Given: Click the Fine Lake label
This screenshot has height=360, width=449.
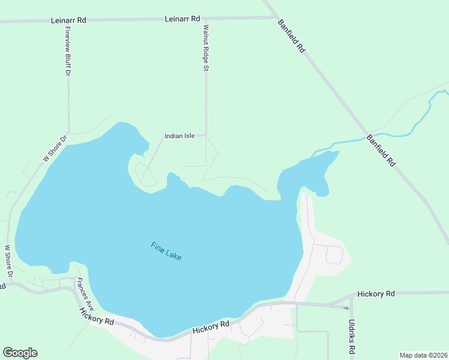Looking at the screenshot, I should click(x=166, y=251).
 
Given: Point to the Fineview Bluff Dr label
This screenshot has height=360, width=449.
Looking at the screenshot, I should click(x=68, y=53).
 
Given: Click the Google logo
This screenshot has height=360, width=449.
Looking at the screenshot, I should click(x=20, y=353).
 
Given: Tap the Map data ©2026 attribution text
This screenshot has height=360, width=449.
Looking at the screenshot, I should click(x=423, y=355).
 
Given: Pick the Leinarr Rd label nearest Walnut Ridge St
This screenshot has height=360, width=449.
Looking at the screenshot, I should click(x=182, y=19).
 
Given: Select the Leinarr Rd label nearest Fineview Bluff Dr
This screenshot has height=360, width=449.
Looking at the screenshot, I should click(x=69, y=20).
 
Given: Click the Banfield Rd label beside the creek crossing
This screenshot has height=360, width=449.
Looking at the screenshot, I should click(x=382, y=150).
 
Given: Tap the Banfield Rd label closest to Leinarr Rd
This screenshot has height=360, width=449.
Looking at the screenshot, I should click(x=292, y=36).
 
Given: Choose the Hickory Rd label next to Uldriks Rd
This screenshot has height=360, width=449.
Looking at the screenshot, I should click(x=376, y=294).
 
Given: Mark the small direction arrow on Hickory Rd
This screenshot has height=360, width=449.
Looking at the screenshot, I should click(x=346, y=308).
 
